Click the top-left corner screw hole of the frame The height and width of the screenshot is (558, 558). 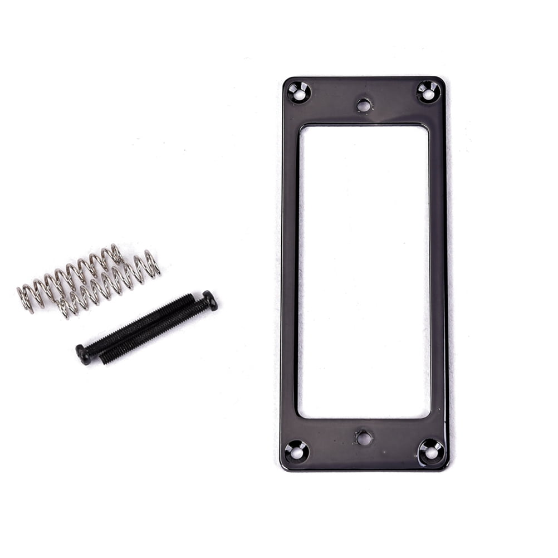pos(299,92)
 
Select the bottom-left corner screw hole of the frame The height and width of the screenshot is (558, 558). pos(296,452)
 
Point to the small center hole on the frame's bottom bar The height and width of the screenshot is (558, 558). pos(364,438)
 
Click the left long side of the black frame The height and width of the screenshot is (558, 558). pos(290,273)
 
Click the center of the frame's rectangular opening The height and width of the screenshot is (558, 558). pos(364,271)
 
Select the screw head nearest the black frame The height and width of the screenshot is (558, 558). pos(210,301)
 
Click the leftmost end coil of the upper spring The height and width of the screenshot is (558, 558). pos(25,298)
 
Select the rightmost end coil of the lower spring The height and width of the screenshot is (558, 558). pos(151,262)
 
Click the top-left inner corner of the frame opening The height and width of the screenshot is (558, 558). pos(300,126)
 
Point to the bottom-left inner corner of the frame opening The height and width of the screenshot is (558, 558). pos(299,416)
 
